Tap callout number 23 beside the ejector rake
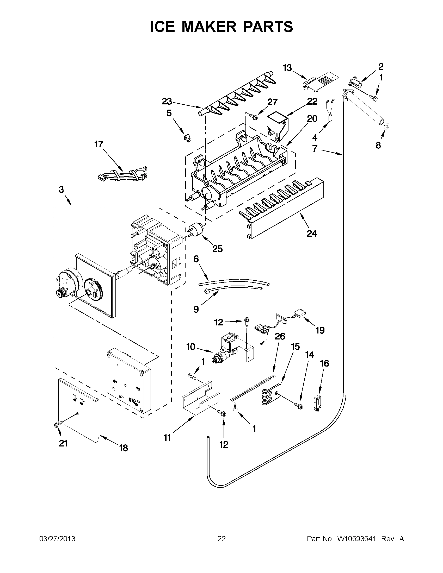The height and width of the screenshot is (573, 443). tap(167, 101)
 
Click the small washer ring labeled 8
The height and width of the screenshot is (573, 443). tap(386, 126)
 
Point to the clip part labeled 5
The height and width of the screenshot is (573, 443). tap(187, 137)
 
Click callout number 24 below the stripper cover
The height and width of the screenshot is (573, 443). tap(312, 233)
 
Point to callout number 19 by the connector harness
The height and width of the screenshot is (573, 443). tap(320, 330)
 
